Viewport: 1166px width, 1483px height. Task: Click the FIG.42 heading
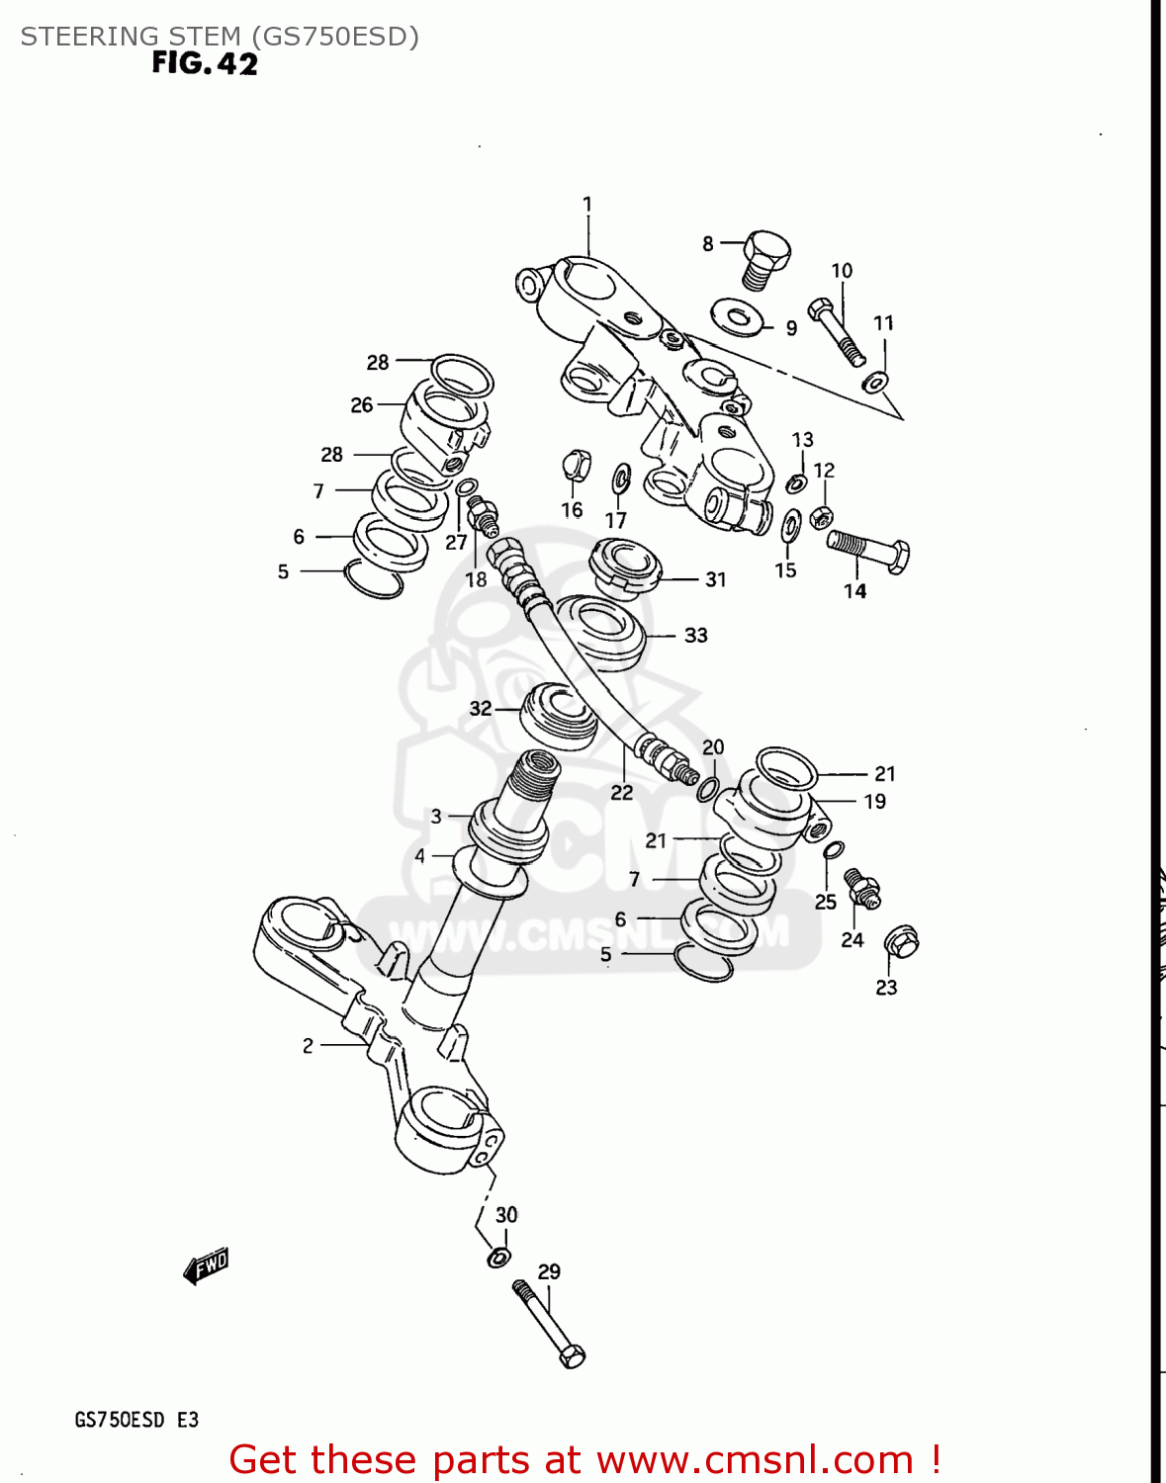click(205, 63)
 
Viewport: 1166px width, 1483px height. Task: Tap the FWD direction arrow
click(207, 1265)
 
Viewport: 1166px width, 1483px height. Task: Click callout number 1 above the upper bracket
click(587, 205)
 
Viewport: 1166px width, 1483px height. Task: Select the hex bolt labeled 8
click(764, 258)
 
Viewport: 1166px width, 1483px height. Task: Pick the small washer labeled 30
click(499, 1258)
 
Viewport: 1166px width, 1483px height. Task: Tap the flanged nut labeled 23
click(900, 941)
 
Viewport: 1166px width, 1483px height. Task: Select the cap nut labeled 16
click(576, 464)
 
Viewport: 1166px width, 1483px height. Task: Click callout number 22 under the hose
click(621, 792)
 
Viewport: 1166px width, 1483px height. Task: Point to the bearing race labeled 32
click(560, 715)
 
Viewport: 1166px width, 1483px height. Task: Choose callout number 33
click(696, 636)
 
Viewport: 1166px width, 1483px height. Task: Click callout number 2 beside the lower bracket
click(308, 1045)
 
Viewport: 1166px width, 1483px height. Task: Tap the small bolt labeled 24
click(860, 887)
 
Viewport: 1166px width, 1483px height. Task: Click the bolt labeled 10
click(836, 331)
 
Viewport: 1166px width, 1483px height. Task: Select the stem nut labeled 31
click(624, 567)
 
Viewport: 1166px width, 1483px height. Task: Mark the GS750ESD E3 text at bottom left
click(136, 1420)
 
